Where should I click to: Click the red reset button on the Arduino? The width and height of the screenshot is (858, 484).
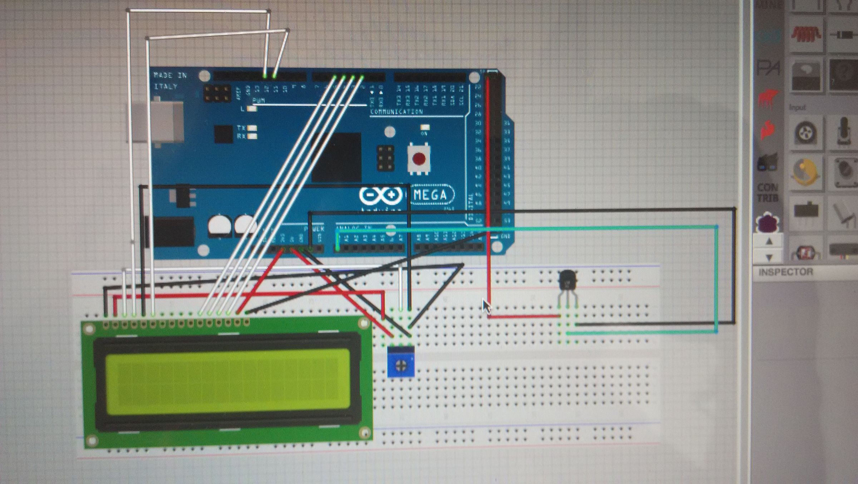pyautogui.click(x=419, y=158)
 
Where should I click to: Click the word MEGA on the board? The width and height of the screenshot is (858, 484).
pyautogui.click(x=430, y=195)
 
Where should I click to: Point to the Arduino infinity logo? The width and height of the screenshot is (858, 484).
pyautogui.click(x=380, y=195)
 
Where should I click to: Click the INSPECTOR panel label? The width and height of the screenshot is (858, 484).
pyautogui.click(x=785, y=272)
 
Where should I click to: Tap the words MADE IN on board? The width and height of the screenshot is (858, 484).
pyautogui.click(x=170, y=75)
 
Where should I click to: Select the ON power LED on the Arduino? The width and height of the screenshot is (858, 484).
pyautogui.click(x=425, y=127)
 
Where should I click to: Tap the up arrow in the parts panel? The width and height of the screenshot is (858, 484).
pyautogui.click(x=769, y=242)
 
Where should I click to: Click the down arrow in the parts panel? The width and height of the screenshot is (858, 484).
pyautogui.click(x=769, y=257)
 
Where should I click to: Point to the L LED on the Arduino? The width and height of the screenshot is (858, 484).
pyautogui.click(x=252, y=109)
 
